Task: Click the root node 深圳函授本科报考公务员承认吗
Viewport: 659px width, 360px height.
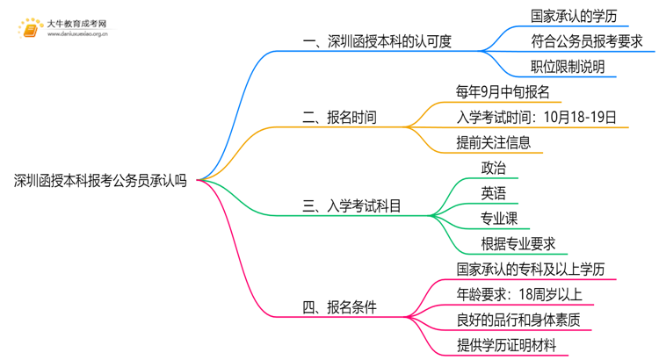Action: [x=100, y=181]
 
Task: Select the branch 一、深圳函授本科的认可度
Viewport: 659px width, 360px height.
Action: [x=376, y=42]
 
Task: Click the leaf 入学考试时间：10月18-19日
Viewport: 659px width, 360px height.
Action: [x=536, y=117]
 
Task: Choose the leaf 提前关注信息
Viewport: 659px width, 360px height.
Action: [x=493, y=142]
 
